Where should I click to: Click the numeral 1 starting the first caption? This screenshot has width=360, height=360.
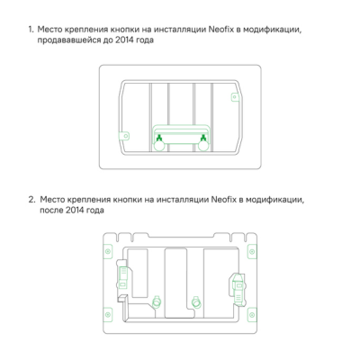(30, 30)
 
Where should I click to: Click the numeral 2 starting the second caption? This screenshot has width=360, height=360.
(30, 199)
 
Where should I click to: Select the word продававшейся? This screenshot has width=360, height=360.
(69, 41)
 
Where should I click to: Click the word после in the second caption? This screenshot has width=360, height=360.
(51, 211)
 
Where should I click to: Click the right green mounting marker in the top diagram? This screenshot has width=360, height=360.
(204, 137)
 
